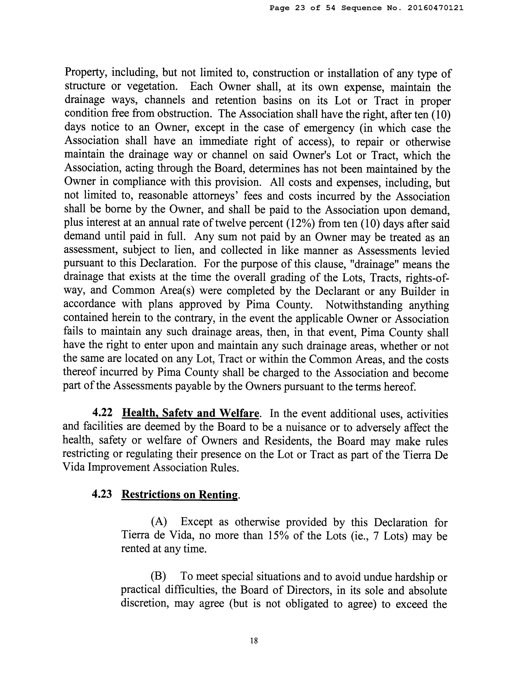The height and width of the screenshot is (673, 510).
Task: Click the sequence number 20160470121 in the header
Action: coord(435,8)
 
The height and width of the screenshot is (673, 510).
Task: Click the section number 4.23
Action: coord(102,494)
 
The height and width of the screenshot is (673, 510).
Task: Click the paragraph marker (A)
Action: coord(159,522)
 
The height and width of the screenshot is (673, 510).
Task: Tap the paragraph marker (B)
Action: coord(158,576)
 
